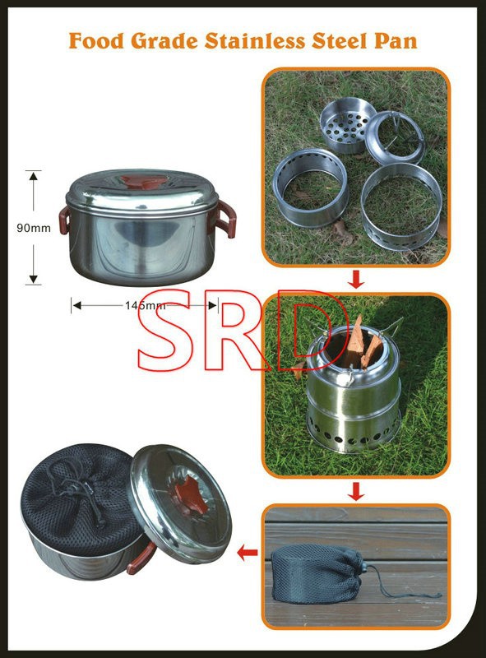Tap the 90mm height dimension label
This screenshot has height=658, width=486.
pyautogui.click(x=34, y=228)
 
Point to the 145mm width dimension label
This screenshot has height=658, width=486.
pyautogui.click(x=145, y=305)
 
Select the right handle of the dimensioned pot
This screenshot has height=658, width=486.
pyautogui.click(x=226, y=218)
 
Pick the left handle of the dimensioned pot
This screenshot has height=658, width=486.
pyautogui.click(x=64, y=220)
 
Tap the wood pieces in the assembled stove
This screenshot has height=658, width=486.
pyautogui.click(x=362, y=345)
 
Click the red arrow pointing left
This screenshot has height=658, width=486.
pyautogui.click(x=248, y=553)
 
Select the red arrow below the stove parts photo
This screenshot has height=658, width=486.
pyautogui.click(x=356, y=280)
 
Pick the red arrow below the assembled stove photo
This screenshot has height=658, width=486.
pyautogui.click(x=356, y=491)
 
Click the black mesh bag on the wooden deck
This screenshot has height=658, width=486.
pyautogui.click(x=317, y=573)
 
